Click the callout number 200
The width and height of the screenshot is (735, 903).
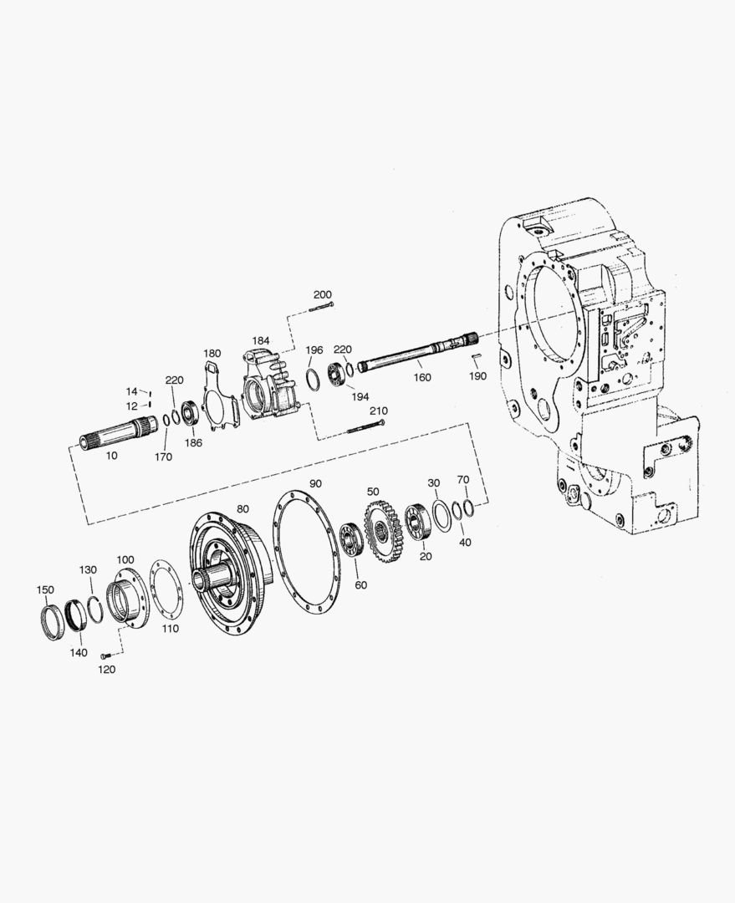pos(323,295)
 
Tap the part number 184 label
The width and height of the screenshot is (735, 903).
pos(261,340)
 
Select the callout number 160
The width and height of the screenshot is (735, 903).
pos(422,377)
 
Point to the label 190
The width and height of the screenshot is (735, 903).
pos(477,376)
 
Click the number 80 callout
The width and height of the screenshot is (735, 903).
pos(243,509)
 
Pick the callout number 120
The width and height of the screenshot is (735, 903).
pos(106,669)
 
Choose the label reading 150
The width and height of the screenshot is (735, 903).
pos(45,589)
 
